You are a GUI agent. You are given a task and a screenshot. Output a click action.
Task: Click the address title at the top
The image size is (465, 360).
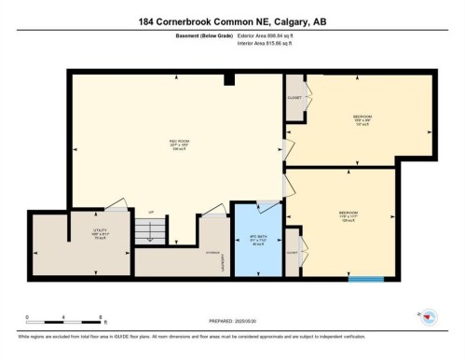tap(232, 21)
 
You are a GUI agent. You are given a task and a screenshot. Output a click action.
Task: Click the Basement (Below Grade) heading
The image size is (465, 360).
tap(203, 36)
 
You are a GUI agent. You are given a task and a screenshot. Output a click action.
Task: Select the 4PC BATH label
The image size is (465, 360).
tap(257, 240)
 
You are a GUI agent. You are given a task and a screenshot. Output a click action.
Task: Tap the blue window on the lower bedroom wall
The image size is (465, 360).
tap(365, 278)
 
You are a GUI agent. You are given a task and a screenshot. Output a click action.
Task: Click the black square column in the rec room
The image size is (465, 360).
tap(229, 80)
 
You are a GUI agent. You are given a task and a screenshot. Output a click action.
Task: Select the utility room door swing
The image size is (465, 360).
tap(116, 205)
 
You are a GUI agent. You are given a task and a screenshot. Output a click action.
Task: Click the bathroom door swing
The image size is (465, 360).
tap(268, 206)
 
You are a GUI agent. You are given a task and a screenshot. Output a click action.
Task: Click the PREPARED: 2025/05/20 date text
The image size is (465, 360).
tap(233, 321)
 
